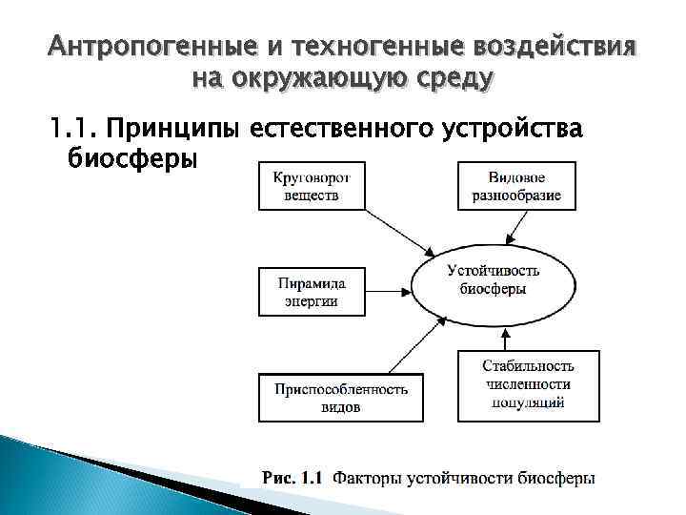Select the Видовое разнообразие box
(516, 186)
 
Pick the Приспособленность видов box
(339, 398)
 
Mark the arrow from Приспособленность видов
(400, 344)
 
